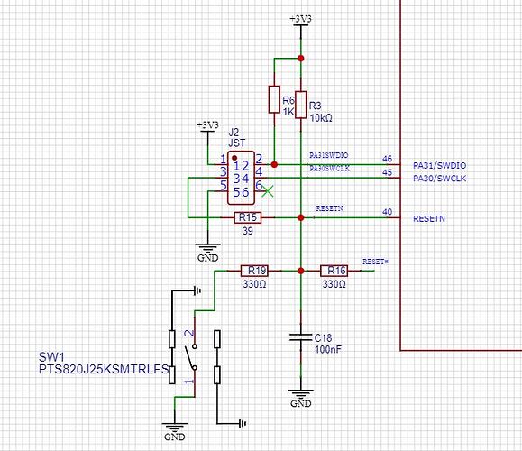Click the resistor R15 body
click(x=248, y=217)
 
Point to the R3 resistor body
click(x=300, y=102)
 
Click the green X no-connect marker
click(x=268, y=191)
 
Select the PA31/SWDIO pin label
click(x=440, y=164)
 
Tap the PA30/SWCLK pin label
click(x=440, y=178)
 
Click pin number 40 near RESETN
click(x=388, y=212)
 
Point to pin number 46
click(x=388, y=159)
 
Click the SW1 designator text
click(x=52, y=355)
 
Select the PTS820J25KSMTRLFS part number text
click(x=104, y=370)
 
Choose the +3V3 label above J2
click(x=207, y=124)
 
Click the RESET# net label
click(x=374, y=261)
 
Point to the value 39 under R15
click(x=248, y=231)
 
